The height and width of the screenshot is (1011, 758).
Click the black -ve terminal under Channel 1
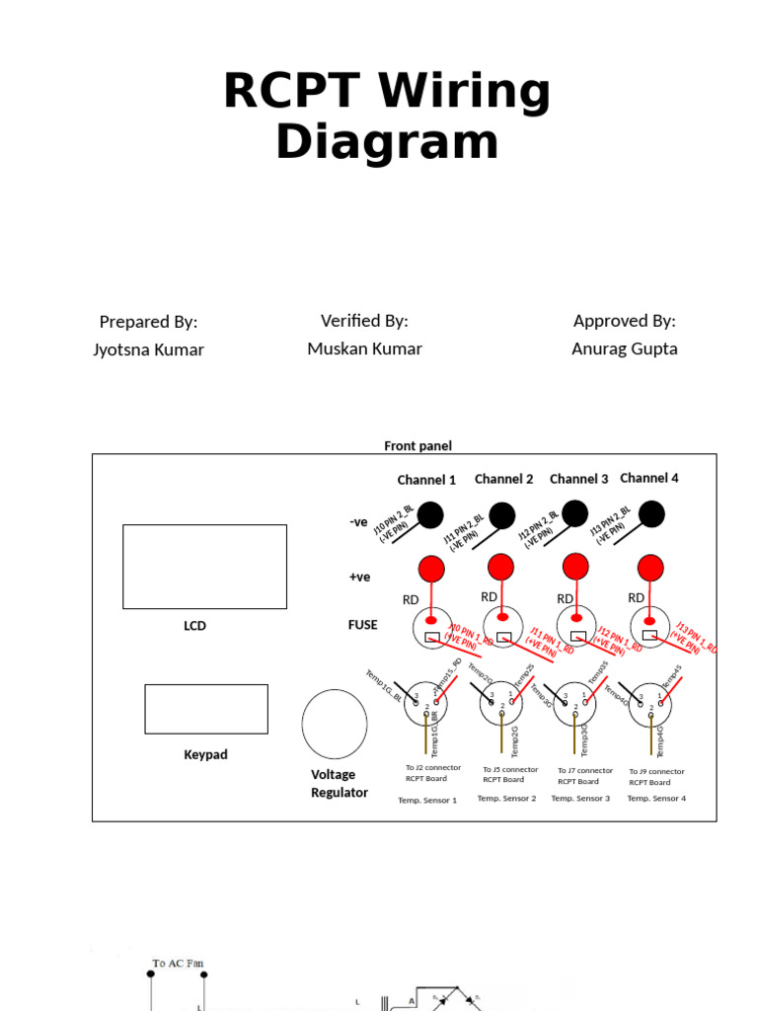pos(430,514)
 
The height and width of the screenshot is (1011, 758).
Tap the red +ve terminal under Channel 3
pos(575,566)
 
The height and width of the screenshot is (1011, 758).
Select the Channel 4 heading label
pos(649,478)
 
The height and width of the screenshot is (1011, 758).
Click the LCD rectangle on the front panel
pos(204,567)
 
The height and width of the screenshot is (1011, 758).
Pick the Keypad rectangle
pos(206,709)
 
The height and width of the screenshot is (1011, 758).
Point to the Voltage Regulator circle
pos(335,724)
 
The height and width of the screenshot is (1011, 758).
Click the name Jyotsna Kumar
pos(148,350)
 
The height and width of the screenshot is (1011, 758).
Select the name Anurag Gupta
pos(625,349)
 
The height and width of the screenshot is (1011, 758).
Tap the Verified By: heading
pos(364,321)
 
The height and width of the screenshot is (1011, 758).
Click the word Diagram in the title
pos(387,141)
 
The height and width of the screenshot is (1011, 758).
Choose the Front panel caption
pos(417,446)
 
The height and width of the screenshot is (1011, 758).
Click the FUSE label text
pos(362,625)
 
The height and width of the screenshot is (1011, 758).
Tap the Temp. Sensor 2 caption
pos(506,798)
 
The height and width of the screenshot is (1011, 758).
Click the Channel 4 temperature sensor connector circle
pos(650,704)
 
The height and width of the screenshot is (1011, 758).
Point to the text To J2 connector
pos(433,767)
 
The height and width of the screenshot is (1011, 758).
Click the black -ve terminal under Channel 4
pos(651,513)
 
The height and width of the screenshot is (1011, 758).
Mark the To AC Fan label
pos(179,963)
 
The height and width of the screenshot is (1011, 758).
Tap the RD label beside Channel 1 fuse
pos(411,599)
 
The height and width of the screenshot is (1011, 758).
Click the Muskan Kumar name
pos(364,349)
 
